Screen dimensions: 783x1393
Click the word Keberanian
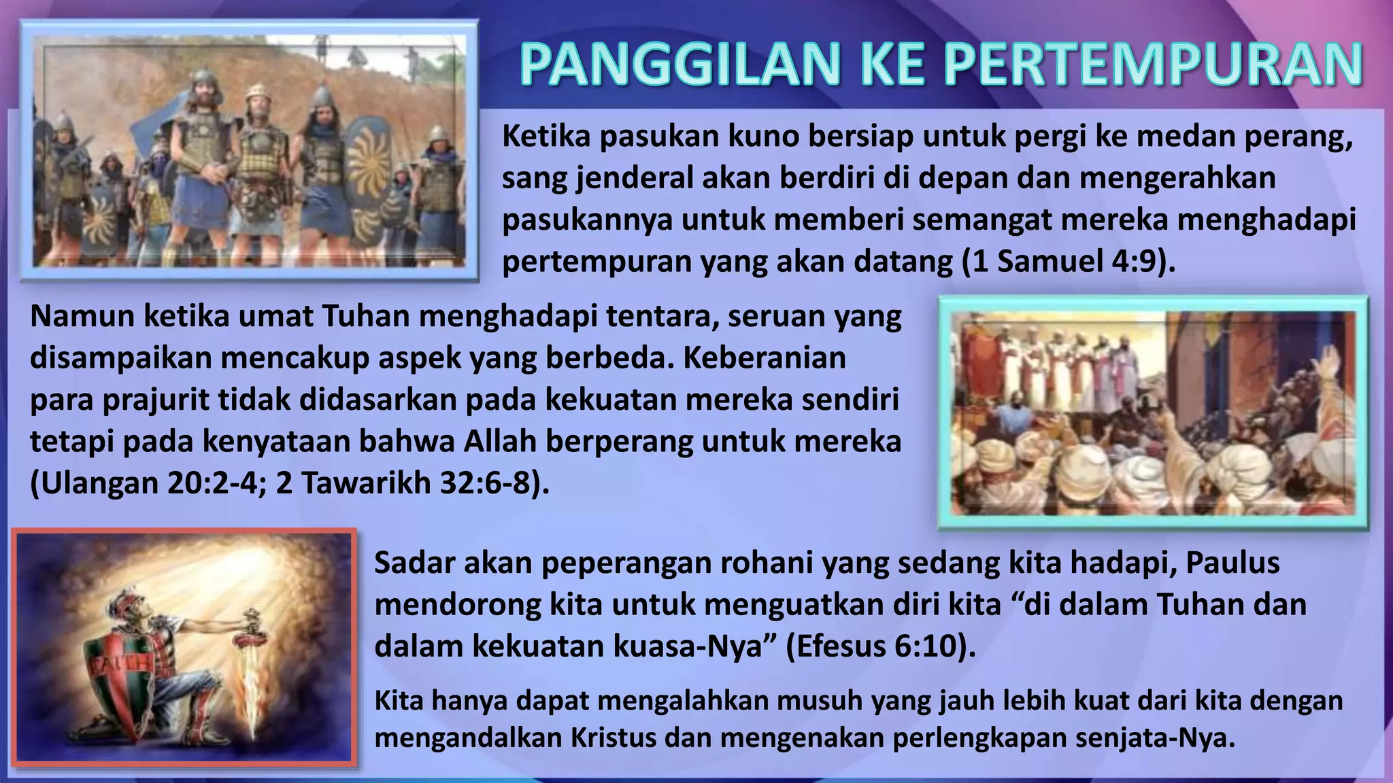(x=765, y=358)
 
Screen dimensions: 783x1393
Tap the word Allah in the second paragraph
(x=501, y=441)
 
